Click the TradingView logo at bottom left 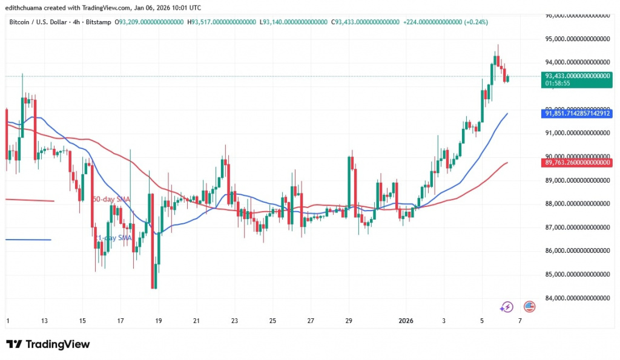pyautogui.click(x=48, y=344)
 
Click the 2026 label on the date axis pyautogui.click(x=406, y=320)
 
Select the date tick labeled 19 pyautogui.click(x=158, y=320)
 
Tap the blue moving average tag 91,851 pyautogui.click(x=578, y=113)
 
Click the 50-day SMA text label pyautogui.click(x=111, y=199)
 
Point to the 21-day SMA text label pyautogui.click(x=115, y=238)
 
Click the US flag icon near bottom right pyautogui.click(x=529, y=307)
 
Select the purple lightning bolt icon pyautogui.click(x=507, y=307)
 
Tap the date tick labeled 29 pyautogui.click(x=349, y=320)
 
